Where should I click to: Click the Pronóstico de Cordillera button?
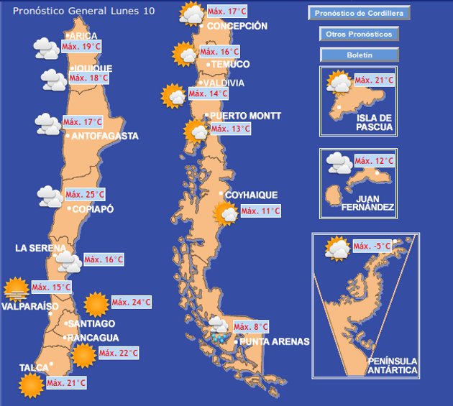(359, 13)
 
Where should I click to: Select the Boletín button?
(359, 55)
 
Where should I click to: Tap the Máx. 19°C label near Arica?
(81, 47)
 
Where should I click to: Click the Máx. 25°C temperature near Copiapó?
(85, 195)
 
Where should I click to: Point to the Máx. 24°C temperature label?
(131, 303)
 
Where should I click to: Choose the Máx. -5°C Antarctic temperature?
(372, 247)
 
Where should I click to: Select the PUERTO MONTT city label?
(245, 116)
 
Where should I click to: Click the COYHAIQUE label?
(251, 195)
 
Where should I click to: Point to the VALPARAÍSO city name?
(29, 306)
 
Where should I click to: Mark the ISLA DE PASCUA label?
(374, 122)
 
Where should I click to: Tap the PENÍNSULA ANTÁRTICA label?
(392, 365)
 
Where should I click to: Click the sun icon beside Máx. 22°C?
(83, 354)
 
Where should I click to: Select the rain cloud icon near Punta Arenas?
(219, 329)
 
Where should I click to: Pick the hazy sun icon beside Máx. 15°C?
(16, 289)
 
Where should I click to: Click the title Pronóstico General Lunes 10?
(83, 11)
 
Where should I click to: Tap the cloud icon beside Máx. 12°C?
(339, 162)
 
